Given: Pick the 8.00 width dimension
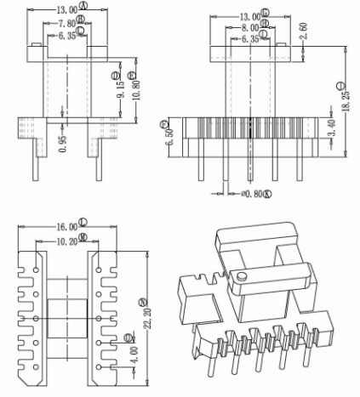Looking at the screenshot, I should click(245, 28).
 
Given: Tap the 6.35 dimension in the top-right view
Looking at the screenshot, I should click(245, 39).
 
